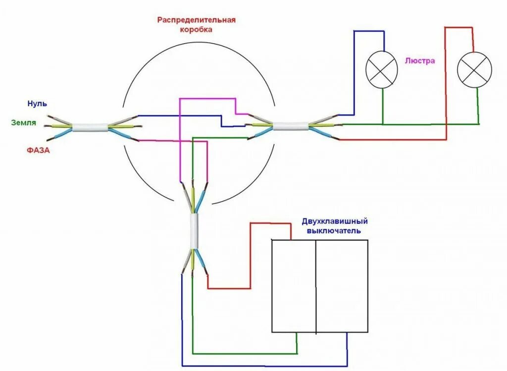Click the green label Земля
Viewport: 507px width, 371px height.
pyautogui.click(x=24, y=122)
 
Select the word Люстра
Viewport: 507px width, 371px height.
pyautogui.click(x=420, y=61)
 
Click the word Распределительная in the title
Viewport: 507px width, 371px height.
pyautogui.click(x=197, y=20)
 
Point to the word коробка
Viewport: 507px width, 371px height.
pyautogui.click(x=197, y=29)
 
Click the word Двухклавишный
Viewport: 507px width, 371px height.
pyautogui.click(x=338, y=222)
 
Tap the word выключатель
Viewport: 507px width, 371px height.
pyautogui.click(x=333, y=231)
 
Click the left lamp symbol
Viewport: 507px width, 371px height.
pyautogui.click(x=382, y=69)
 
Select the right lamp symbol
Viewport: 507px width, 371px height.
pyautogui.click(x=474, y=69)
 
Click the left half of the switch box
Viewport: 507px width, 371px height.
pyautogui.click(x=294, y=286)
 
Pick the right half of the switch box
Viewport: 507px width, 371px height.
pyautogui.click(x=342, y=286)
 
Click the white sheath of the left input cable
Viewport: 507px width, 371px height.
pyautogui.click(x=90, y=127)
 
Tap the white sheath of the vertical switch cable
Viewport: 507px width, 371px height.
pyautogui.click(x=194, y=232)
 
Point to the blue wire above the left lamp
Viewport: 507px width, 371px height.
pyautogui.click(x=369, y=31)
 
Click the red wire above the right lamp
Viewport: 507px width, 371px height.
pyautogui.click(x=459, y=28)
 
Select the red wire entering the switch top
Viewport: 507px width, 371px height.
pyautogui.click(x=270, y=224)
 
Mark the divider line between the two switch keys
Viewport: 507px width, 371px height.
pyautogui.click(x=315, y=286)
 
